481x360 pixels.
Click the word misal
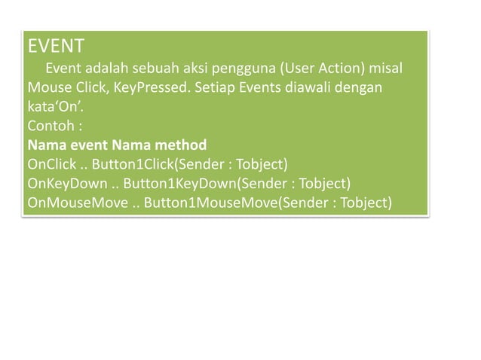pyautogui.click(x=386, y=70)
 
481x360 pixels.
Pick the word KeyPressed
pyautogui.click(x=151, y=89)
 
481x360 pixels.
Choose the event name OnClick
pyautogui.click(x=51, y=163)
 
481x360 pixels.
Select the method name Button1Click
pyautogui.click(x=132, y=163)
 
